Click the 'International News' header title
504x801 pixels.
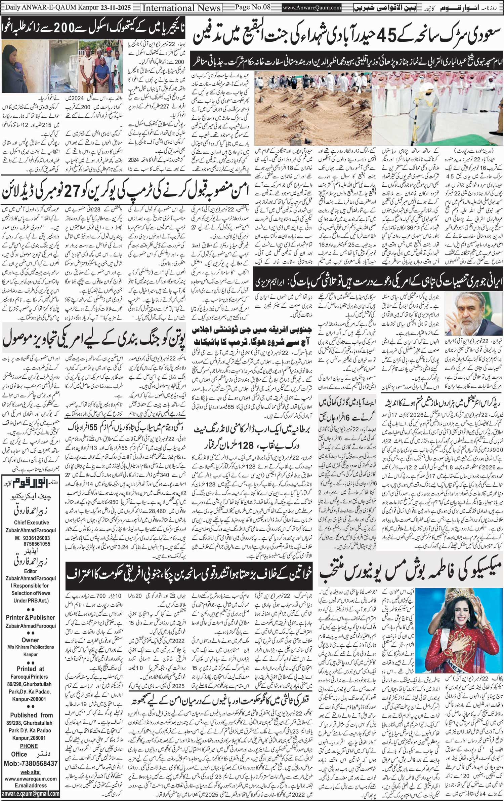pos(181,7)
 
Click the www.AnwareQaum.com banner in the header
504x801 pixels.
pos(312,8)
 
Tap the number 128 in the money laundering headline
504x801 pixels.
pos(245,446)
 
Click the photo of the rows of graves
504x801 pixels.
pos(312,109)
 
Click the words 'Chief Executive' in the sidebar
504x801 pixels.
pos(31,523)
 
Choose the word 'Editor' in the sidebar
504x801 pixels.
pos(30,571)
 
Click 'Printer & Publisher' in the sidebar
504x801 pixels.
pos(30,617)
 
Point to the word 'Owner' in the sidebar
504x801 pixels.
pos(30,640)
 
